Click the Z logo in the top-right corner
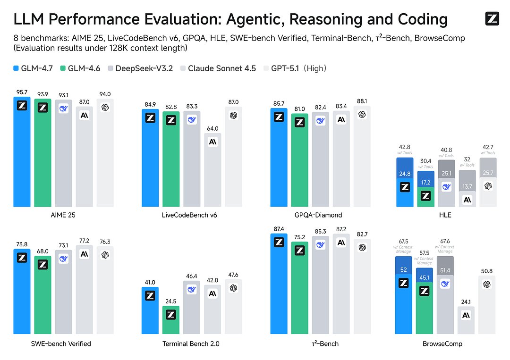(492, 19)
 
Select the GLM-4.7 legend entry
(37, 68)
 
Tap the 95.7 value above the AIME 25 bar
(22, 92)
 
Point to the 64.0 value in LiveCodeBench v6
(212, 128)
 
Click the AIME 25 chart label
(63, 215)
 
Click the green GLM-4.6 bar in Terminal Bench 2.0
(171, 321)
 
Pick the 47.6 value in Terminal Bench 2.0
(233, 275)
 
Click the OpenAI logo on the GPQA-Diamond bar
(362, 115)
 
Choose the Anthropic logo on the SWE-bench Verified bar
(84, 254)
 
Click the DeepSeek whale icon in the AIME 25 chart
(63, 109)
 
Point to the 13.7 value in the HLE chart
(467, 187)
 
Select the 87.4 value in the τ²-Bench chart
(279, 229)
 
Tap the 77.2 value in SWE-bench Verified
(84, 240)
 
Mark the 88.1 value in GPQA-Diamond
(362, 100)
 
